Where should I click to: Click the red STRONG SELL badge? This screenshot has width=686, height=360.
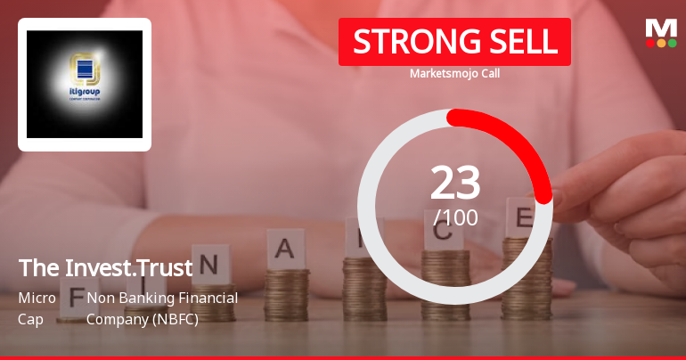(x=454, y=42)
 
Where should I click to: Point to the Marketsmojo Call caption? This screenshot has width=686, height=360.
(x=454, y=73)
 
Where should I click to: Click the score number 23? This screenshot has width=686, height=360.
(x=455, y=183)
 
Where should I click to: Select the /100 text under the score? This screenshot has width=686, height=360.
(x=455, y=217)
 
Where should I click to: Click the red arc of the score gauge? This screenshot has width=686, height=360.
(x=517, y=143)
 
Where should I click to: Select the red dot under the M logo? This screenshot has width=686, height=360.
(x=650, y=42)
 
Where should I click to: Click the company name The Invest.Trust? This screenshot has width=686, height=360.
(x=105, y=267)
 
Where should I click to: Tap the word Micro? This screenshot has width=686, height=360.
(x=37, y=298)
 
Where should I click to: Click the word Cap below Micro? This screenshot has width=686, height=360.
(x=29, y=318)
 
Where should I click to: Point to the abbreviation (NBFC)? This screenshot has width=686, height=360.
(x=170, y=318)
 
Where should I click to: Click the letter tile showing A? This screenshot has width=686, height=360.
(x=285, y=249)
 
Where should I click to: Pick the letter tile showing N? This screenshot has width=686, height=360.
(x=209, y=265)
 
